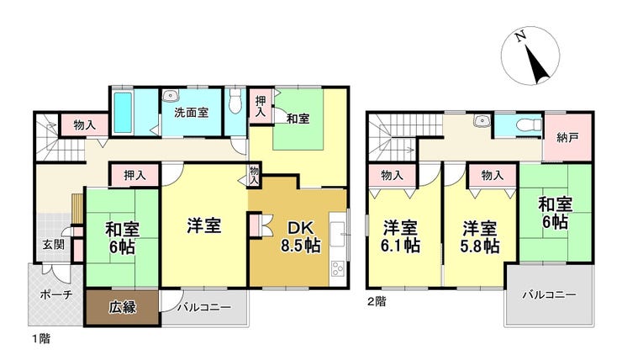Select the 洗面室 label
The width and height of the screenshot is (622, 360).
coord(191,113)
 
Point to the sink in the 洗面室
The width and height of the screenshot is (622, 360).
coord(171,95)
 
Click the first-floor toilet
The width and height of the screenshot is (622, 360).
coord(235,100)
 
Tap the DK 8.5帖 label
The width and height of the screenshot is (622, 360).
coord(301,237)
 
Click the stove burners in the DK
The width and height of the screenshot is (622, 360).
coord(338,268)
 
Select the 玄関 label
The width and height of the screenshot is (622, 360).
coord(54,245)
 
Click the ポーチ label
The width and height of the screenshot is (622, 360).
coord(56,294)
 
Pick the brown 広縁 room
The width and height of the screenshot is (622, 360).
coord(123,308)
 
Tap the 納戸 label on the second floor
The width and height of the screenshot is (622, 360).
coord(567,138)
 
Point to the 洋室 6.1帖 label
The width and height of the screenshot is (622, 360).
coord(400,237)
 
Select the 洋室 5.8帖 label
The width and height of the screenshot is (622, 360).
coord(480,237)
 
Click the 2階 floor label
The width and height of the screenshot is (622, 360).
coord(376,302)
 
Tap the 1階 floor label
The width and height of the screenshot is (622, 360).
coord(41,339)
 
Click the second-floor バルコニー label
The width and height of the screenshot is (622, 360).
coord(549,295)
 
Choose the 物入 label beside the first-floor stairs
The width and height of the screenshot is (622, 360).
coord(85,125)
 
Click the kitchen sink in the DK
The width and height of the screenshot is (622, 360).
coord(338,234)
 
